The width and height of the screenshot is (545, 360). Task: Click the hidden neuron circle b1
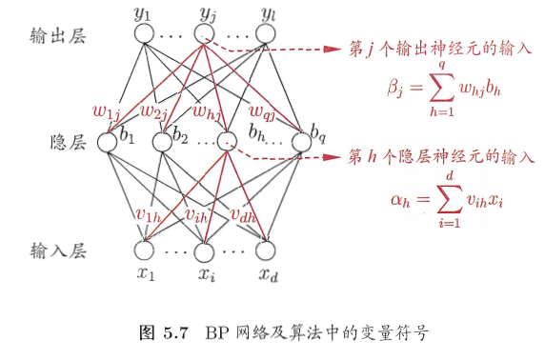[x=107, y=140]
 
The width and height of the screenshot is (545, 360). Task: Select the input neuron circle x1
[x=144, y=250]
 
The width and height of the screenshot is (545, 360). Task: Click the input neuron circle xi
[x=203, y=251]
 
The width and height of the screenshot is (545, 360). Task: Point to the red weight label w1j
[x=104, y=110]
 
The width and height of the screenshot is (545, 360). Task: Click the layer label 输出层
[x=58, y=35]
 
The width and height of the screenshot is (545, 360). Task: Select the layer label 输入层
[x=58, y=251]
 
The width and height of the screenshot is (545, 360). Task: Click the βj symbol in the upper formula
[x=395, y=90]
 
